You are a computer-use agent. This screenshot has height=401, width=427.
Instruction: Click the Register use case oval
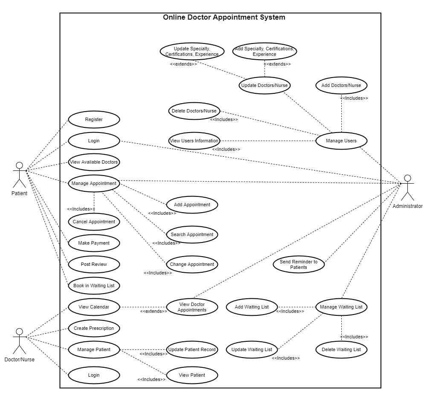[94, 119]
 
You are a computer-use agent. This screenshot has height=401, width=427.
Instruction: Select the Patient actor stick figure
[19, 175]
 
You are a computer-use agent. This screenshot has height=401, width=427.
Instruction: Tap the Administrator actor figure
[408, 188]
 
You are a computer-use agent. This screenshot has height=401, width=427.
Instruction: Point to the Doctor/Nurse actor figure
[19, 341]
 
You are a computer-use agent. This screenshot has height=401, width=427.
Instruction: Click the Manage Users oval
[341, 141]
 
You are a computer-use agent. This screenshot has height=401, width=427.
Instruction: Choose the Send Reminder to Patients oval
[299, 264]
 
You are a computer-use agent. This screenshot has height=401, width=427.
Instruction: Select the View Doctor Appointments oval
[192, 307]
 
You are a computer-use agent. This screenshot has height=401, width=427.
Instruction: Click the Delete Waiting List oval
[341, 349]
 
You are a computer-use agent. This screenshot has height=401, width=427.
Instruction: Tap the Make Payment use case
[94, 243]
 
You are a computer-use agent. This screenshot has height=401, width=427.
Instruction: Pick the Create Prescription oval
[94, 328]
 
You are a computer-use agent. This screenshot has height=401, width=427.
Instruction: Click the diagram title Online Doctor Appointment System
[224, 17]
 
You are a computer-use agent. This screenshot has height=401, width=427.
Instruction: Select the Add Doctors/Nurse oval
[341, 85]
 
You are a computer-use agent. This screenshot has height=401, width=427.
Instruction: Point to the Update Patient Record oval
[192, 349]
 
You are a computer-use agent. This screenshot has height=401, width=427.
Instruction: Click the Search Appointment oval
[192, 234]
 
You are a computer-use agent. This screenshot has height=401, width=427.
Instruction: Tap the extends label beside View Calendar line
[154, 311]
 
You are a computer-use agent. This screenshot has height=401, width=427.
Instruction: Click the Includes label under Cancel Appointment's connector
[81, 209]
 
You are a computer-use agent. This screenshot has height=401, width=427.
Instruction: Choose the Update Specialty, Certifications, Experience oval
[192, 51]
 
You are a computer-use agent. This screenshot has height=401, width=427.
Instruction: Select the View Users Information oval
[194, 141]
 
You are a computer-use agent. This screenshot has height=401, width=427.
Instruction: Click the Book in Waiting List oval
[94, 286]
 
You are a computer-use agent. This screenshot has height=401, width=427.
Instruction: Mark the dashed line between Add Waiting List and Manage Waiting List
[296, 307]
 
